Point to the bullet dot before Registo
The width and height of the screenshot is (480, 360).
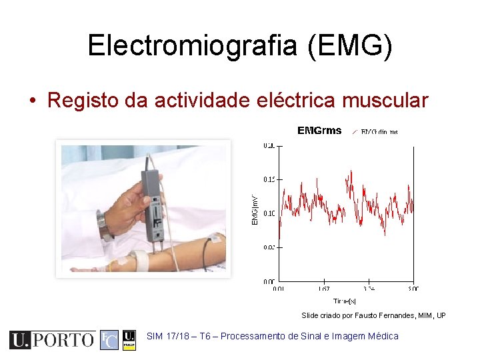33,101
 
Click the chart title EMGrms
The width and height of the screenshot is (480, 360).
319,131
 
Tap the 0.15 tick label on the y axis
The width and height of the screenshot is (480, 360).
269,179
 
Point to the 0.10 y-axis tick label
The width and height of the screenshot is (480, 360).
269,213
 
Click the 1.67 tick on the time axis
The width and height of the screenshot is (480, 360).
324,289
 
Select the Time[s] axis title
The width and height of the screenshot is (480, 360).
345,301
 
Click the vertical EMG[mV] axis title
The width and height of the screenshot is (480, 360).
254,209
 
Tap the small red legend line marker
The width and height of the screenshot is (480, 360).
354,131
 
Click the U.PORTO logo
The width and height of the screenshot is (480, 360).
52,340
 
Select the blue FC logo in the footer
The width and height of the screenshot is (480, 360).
109,340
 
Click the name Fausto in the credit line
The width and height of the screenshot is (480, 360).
365,315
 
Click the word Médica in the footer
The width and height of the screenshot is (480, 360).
382,337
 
